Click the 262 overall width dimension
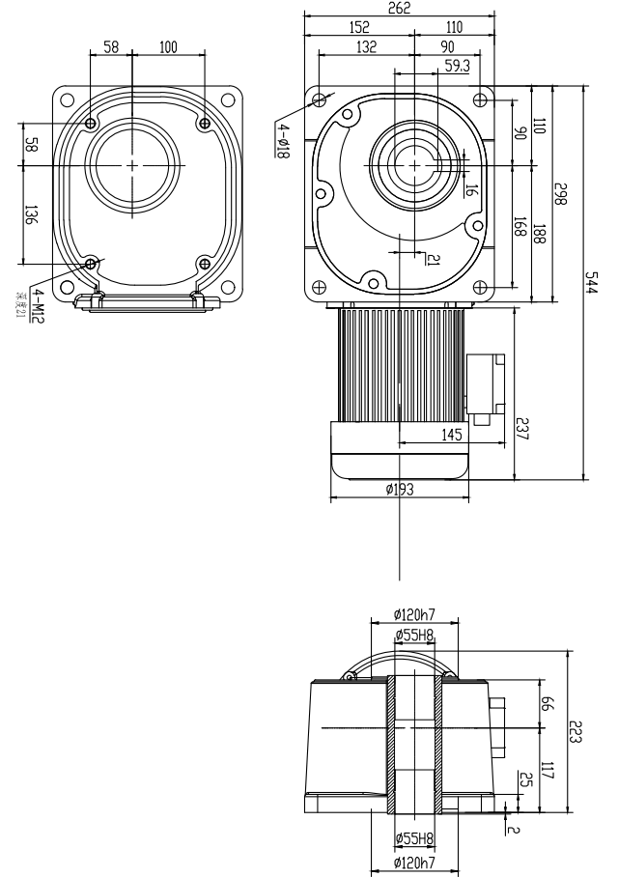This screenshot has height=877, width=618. coord(399,9)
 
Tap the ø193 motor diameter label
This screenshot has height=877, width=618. coord(399,490)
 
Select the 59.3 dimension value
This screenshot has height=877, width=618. coord(457,65)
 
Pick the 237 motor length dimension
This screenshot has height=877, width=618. coord(522,426)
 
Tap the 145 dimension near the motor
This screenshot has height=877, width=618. coord(453,436)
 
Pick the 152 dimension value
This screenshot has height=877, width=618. coord(357,27)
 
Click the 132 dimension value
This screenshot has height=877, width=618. coord(365,45)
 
